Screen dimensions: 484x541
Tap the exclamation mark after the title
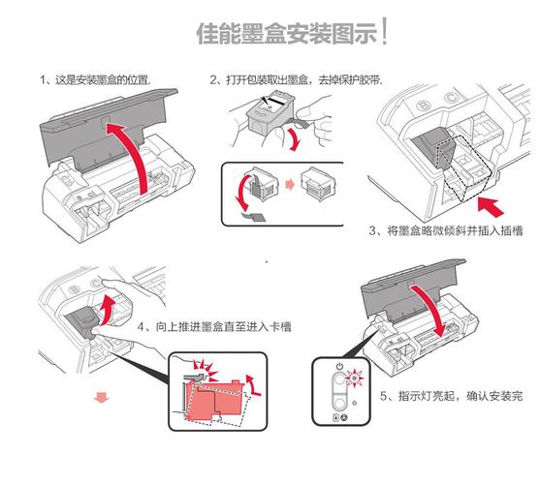[386, 31]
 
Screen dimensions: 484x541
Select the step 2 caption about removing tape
[296, 79]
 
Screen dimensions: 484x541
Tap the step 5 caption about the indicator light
[450, 396]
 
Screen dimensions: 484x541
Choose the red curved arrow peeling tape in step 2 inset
[237, 197]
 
